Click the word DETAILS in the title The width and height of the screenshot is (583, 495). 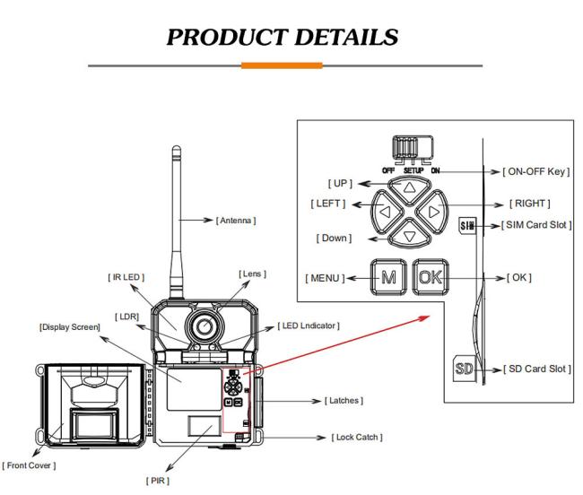click(346, 37)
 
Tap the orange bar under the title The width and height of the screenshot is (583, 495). click(282, 65)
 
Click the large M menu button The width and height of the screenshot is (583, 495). click(388, 277)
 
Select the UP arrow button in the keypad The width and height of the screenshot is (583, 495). click(409, 190)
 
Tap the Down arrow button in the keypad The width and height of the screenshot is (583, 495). click(409, 234)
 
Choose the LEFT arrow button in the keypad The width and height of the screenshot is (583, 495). click(387, 212)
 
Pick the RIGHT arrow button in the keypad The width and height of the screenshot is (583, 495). click(432, 212)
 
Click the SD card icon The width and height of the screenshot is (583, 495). click(464, 369)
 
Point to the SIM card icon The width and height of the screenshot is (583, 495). click(467, 225)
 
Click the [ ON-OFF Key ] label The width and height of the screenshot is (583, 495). click(536, 171)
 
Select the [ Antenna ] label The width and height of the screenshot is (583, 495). click(236, 221)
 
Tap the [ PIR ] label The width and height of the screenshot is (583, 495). click(158, 481)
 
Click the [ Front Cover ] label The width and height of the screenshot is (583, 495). click(29, 465)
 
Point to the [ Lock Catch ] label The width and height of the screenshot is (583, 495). click(357, 437)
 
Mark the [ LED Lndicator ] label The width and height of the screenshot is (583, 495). click(309, 326)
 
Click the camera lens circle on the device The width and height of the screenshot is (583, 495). click(204, 326)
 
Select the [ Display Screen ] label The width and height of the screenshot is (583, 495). click(70, 327)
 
